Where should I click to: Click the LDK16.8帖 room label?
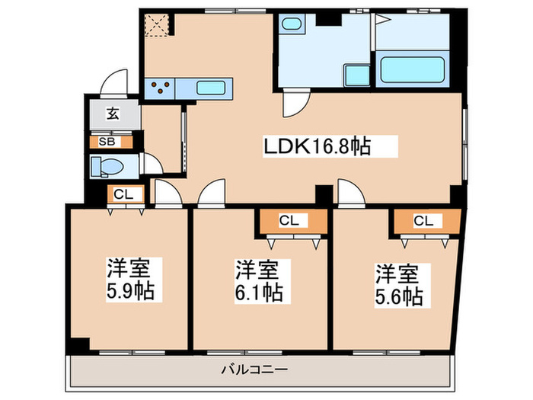pyautogui.click(x=318, y=146)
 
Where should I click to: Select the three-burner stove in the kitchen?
pyautogui.click(x=160, y=88)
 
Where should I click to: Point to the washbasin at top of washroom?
pyautogui.click(x=290, y=24)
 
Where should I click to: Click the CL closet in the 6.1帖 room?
pyautogui.click(x=289, y=221)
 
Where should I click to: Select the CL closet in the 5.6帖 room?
pyautogui.click(x=423, y=221)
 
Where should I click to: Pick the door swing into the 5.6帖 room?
pyautogui.click(x=352, y=194)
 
